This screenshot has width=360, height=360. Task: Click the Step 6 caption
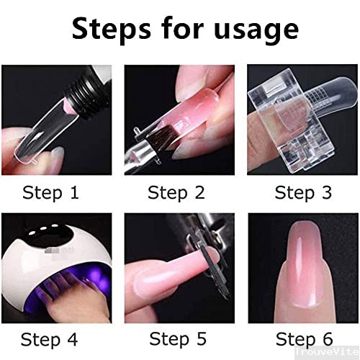pos(303,338)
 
